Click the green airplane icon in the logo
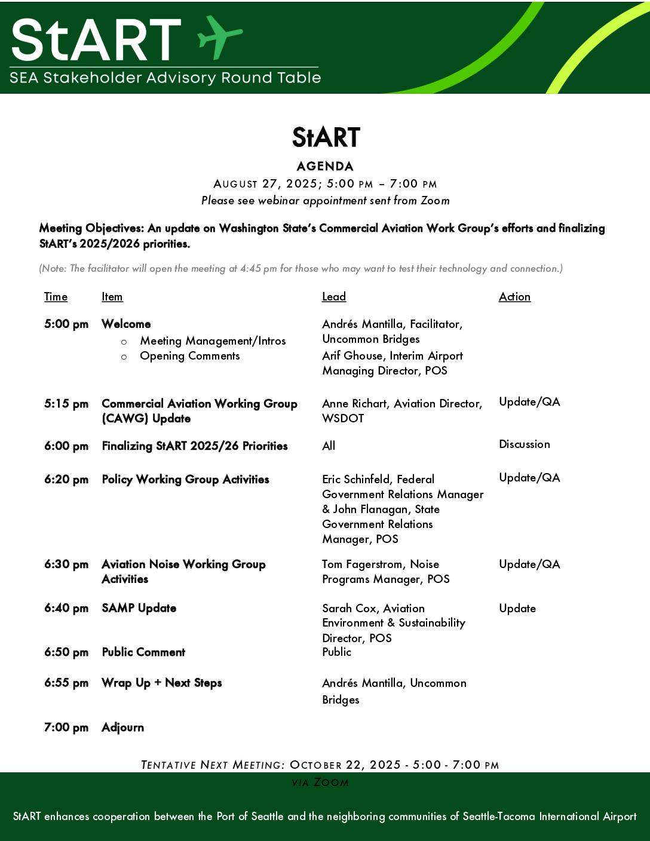click(x=219, y=36)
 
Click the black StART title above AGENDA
click(x=326, y=137)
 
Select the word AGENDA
click(x=325, y=166)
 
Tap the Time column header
click(x=56, y=297)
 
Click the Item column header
click(x=112, y=297)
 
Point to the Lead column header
click(x=334, y=297)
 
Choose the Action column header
click(x=514, y=297)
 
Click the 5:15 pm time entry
click(x=66, y=404)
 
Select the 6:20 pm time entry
click(x=66, y=480)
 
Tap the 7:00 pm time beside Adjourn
click(x=66, y=728)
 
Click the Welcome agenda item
click(x=126, y=324)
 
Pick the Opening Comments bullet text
click(x=189, y=356)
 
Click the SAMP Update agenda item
click(x=139, y=608)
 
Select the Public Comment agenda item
click(x=143, y=652)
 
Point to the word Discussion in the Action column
click(x=524, y=444)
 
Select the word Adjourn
click(x=122, y=728)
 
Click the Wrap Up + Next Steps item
click(x=161, y=683)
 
